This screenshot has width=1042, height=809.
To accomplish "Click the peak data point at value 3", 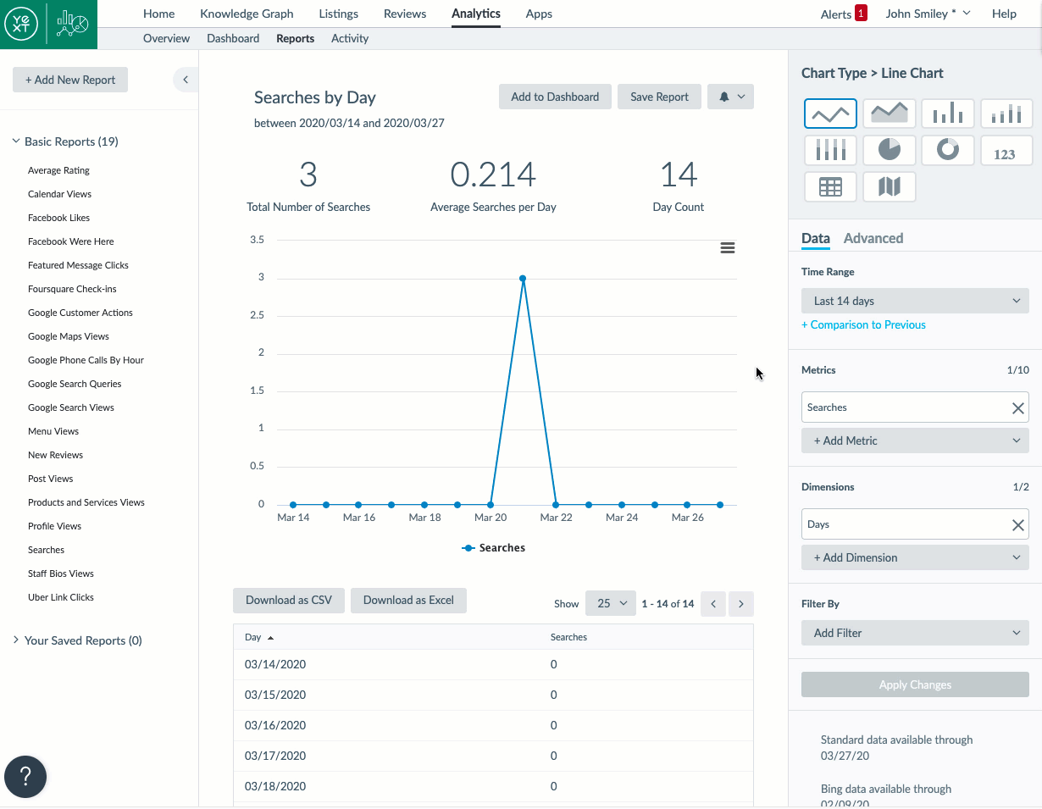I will tap(523, 278).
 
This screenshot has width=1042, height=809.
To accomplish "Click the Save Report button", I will tap(659, 97).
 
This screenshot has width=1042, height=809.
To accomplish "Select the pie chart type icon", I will tap(889, 150).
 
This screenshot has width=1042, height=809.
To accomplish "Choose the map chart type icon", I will tap(889, 186).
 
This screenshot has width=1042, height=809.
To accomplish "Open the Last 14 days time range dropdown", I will tap(915, 301).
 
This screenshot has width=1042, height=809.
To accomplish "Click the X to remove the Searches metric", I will tap(1018, 408).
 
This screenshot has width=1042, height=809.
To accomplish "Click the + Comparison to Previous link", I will tap(863, 324).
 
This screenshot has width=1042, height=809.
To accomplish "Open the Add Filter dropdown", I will tap(915, 633).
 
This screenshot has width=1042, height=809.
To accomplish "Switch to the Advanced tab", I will tap(873, 238).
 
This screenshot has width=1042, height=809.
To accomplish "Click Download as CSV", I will tap(288, 600).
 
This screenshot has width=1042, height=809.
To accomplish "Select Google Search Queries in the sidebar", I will tap(75, 384).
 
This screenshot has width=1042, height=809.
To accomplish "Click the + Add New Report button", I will tap(70, 80).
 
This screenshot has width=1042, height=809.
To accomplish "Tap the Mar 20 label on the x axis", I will tap(491, 518).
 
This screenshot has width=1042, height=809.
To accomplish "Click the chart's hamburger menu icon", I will tap(727, 248).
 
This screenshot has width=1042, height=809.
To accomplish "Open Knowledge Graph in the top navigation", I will tap(247, 14).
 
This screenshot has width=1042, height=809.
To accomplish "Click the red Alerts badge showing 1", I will tap(861, 14).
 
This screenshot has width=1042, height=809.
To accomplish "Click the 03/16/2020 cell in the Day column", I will tap(275, 725).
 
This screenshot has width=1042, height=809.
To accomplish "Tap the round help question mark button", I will tap(25, 776).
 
